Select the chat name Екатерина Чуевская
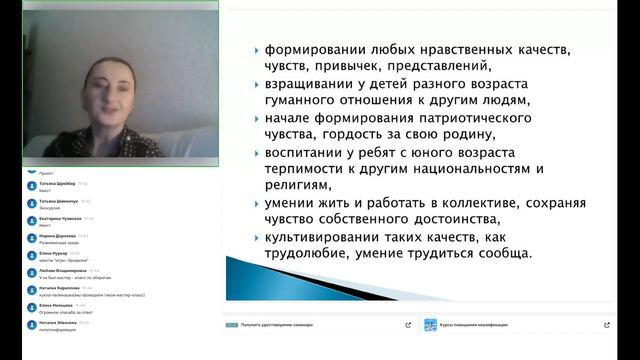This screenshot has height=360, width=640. (62, 218)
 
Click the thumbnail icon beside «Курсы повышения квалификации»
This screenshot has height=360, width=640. (430, 325)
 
